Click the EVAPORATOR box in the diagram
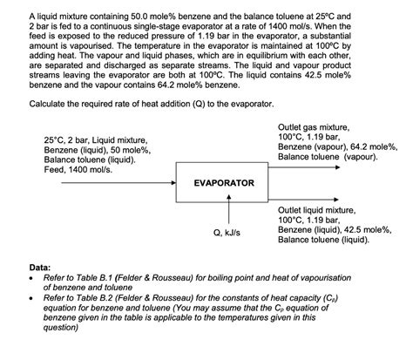(x=224, y=183)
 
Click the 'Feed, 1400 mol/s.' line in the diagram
(x=82, y=169)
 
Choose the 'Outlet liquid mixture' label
(x=316, y=210)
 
